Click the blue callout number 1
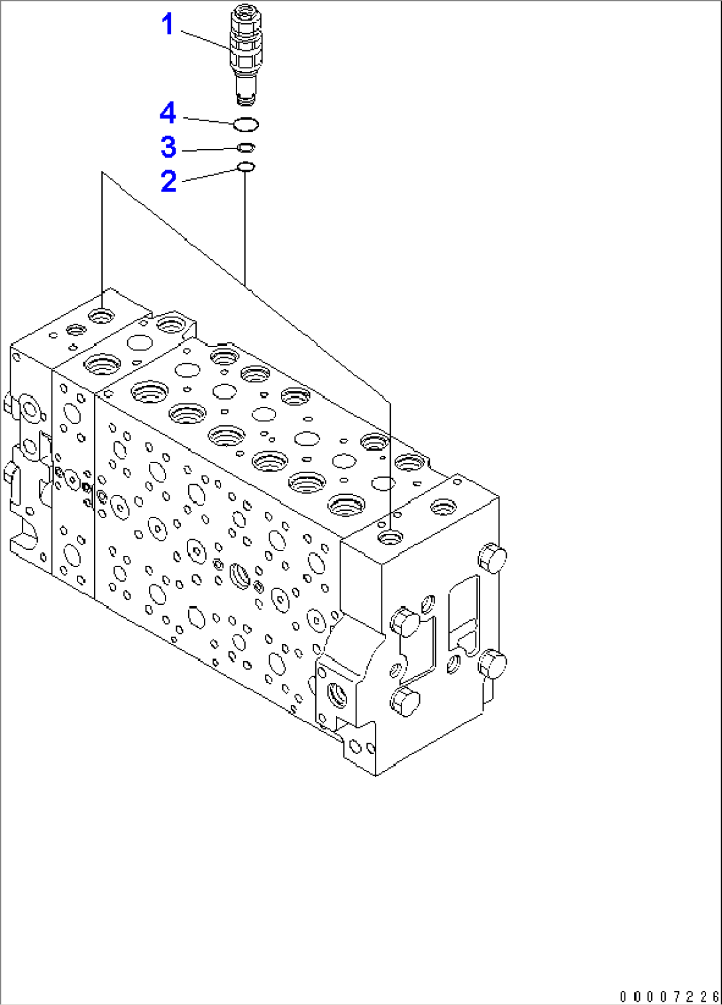click(x=168, y=24)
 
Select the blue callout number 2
click(x=169, y=182)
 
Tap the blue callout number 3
click(x=168, y=147)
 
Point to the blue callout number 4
click(x=168, y=113)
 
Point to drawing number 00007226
click(x=670, y=997)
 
